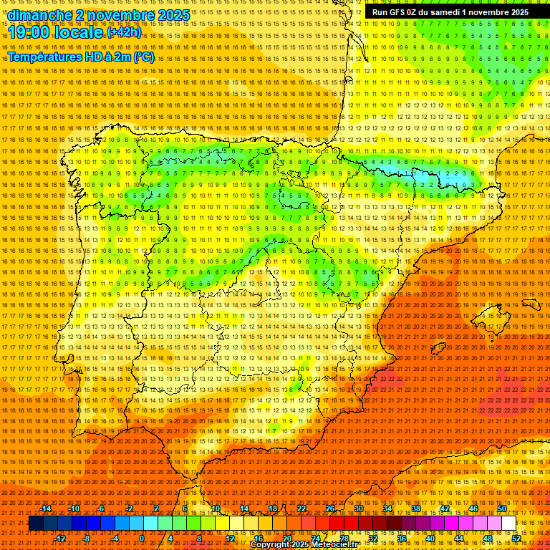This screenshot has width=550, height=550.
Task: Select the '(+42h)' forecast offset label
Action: coord(124,32)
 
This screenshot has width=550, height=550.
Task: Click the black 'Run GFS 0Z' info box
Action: coord(450,11)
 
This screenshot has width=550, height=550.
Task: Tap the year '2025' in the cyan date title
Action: coord(173,15)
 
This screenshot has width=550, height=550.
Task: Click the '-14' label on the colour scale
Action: coord(46,508)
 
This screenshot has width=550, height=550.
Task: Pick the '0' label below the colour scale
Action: coord(142,539)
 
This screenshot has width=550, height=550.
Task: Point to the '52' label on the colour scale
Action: coord(516,539)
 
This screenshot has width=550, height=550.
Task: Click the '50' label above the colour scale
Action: coord(502,508)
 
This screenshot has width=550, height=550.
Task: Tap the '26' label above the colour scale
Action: coord(330,508)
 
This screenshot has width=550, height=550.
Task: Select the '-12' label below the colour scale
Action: coord(60,539)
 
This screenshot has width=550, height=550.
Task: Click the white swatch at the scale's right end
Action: coord(509,524)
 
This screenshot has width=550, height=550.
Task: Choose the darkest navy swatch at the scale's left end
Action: coord(36,524)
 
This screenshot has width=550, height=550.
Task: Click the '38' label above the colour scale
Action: coord(416,508)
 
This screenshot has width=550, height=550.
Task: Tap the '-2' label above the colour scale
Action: coord(130,508)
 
